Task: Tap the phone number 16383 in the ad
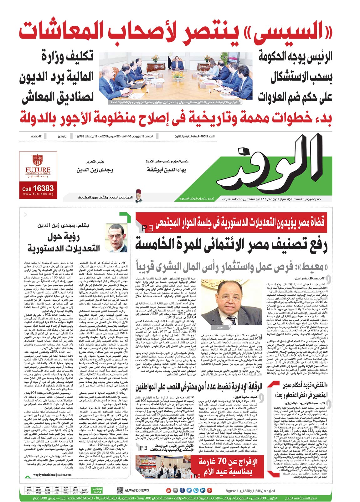pos(43,189)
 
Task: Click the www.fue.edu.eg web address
pos(38,194)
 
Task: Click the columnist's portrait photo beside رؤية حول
pos(116,237)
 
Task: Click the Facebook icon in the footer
pos(182,490)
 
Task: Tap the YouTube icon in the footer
pos(168,490)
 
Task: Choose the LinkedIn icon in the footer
pos(203,490)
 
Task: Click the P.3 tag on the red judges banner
pos(147,228)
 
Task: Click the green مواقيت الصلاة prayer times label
pos(97,490)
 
